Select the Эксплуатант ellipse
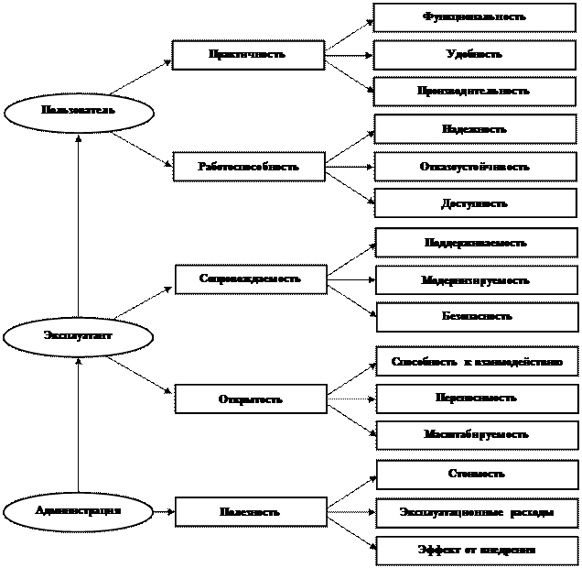pyautogui.click(x=78, y=336)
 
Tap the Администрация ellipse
pyautogui.click(x=78, y=511)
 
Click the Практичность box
pyautogui.click(x=248, y=55)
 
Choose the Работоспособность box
pyautogui.click(x=249, y=167)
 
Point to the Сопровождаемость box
pyautogui.click(x=251, y=279)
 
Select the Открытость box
pyautogui.click(x=251, y=399)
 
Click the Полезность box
pyautogui.click(x=251, y=512)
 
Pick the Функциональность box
pyautogui.click(x=474, y=17)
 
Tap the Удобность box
pyautogui.click(x=474, y=55)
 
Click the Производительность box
pyautogui.click(x=474, y=92)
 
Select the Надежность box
pyautogui.click(x=475, y=129)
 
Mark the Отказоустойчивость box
pyautogui.click(x=475, y=167)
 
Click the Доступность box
pyautogui.click(x=475, y=204)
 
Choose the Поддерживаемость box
pyautogui.click(x=476, y=243)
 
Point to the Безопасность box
pyautogui.click(x=477, y=317)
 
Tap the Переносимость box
pyautogui.click(x=477, y=399)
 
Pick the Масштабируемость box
pyautogui.click(x=477, y=435)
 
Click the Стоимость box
pyautogui.click(x=477, y=475)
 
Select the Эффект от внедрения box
pyautogui.click(x=477, y=551)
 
